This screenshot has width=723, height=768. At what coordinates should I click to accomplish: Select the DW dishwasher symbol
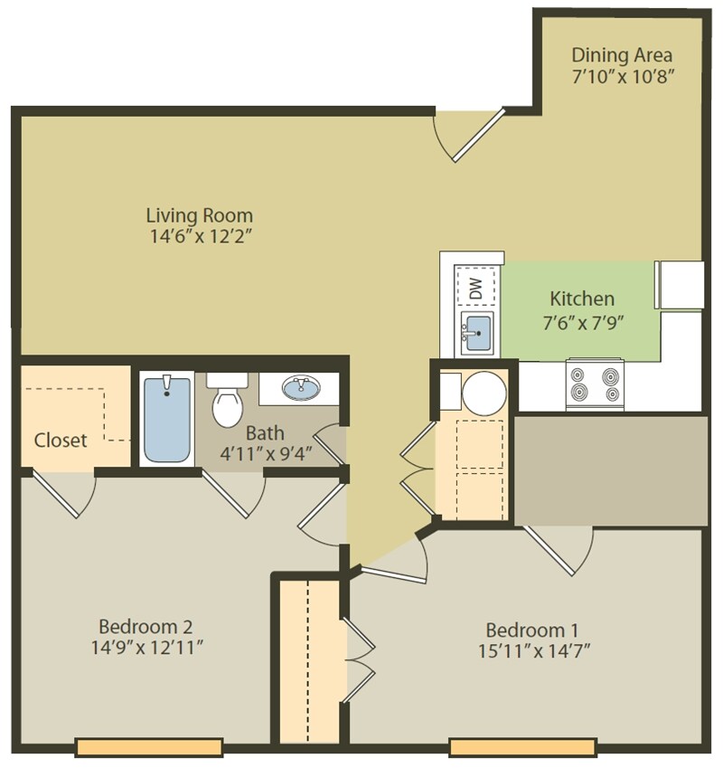(476, 288)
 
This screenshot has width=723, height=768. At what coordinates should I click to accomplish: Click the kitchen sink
(477, 336)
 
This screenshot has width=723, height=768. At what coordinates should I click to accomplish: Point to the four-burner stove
(595, 384)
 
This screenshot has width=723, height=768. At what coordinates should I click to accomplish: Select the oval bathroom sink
(300, 389)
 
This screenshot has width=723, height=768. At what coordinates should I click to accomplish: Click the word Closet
(61, 441)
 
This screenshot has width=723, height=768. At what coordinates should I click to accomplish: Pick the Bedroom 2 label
(145, 626)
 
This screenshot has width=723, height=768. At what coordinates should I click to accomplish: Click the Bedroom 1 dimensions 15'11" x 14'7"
(531, 650)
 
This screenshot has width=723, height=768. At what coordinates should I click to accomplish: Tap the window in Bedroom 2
(149, 747)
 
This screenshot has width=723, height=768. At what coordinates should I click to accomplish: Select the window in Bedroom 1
(522, 747)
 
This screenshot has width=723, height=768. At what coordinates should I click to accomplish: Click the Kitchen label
(582, 299)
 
